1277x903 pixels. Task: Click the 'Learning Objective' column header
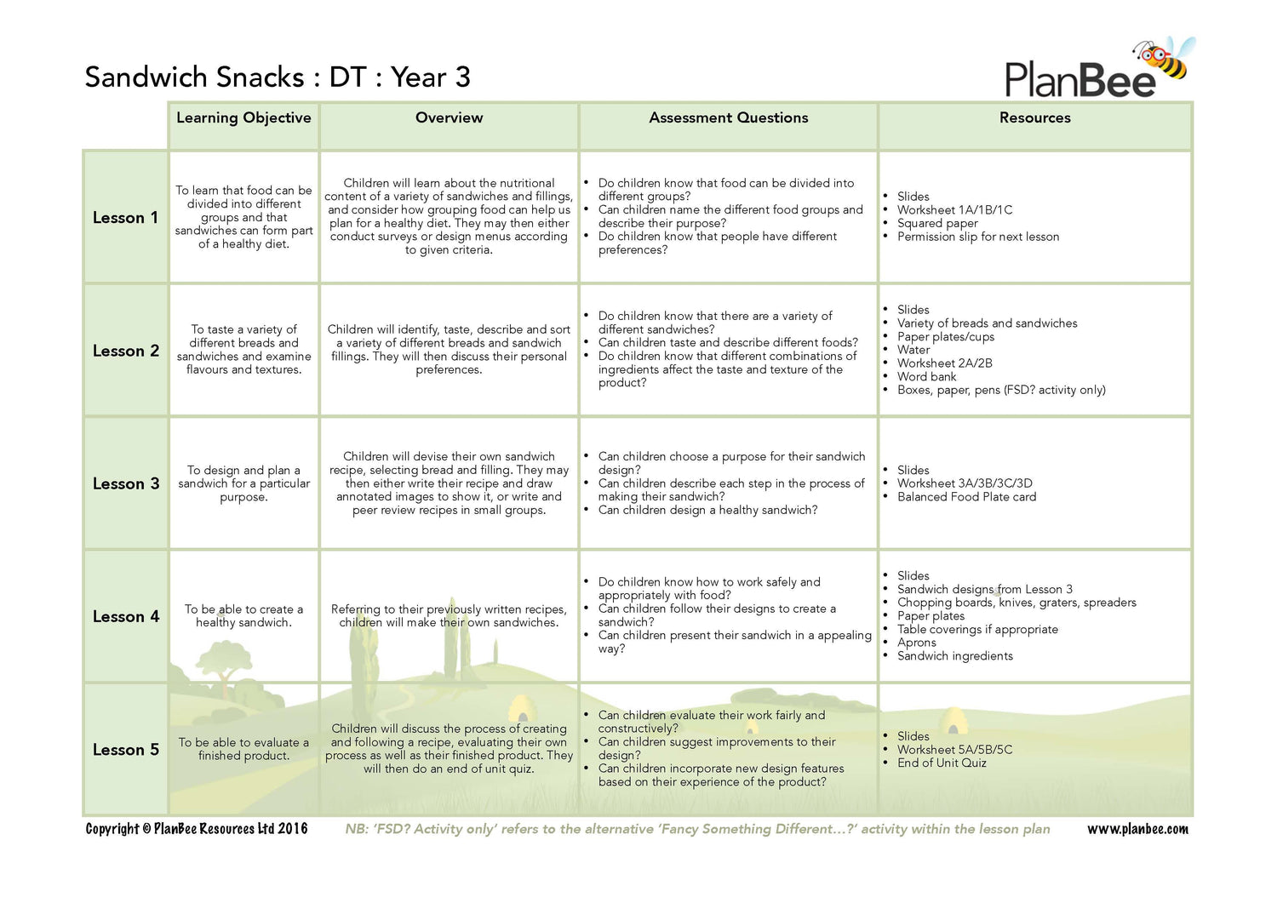pos(243,118)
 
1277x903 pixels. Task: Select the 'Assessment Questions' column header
pos(728,118)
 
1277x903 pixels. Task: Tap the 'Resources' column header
pos(1034,118)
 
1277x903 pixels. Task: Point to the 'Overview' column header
pos(449,118)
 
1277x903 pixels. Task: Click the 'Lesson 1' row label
pos(125,218)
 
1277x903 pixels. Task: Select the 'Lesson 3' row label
pos(126,483)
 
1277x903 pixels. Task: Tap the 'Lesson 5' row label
pos(126,750)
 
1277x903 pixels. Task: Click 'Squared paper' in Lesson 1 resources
pos(937,223)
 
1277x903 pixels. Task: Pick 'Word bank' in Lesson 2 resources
pos(926,376)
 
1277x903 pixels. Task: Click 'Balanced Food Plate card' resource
pos(966,497)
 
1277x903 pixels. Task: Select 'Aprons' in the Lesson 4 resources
pos(916,643)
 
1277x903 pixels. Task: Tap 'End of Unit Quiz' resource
pos(942,763)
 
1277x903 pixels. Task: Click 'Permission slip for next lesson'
pos(978,237)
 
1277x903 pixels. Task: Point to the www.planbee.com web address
pos(1137,829)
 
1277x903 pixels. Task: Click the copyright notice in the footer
pos(197,829)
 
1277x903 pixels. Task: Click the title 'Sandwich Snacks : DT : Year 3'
pos(278,77)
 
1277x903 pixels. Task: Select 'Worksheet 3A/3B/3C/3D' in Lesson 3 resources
pos(965,483)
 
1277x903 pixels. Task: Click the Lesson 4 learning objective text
pos(243,616)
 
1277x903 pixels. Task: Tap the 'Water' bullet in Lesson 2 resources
pos(913,350)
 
